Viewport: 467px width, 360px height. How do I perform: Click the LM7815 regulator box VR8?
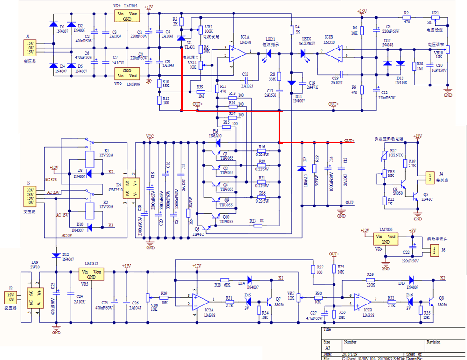127,16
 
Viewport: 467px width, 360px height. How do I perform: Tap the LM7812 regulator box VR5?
91,274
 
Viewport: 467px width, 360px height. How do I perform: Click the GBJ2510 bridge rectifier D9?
128,189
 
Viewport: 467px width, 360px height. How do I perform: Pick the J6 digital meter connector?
434,250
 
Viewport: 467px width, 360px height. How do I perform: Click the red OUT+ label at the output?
349,141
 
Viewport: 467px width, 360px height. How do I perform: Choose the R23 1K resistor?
258,226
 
